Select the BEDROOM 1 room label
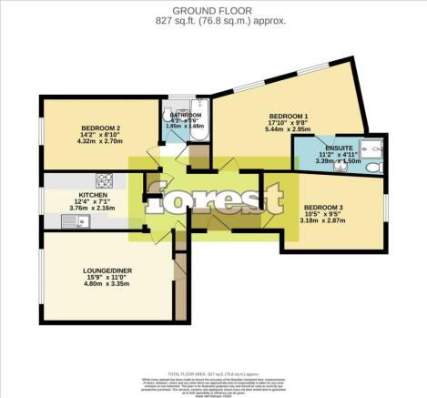288,116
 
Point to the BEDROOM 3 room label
323,206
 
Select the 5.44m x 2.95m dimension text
288,131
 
